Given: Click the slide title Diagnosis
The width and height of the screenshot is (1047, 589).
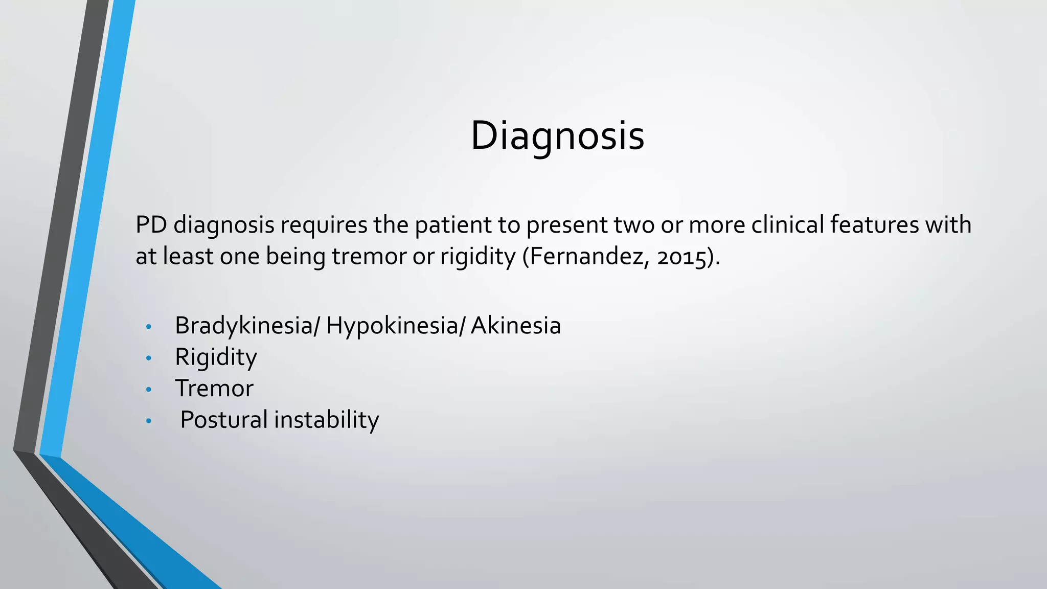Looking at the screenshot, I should tap(557, 135).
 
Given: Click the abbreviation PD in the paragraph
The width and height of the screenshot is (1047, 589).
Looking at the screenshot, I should tap(151, 225).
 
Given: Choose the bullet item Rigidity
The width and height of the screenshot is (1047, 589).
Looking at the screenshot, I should tap(216, 357).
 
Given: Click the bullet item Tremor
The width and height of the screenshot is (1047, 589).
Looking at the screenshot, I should tap(214, 389).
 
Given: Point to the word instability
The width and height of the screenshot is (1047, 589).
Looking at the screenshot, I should tap(327, 420).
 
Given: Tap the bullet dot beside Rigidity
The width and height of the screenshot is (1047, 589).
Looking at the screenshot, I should tap(149, 358).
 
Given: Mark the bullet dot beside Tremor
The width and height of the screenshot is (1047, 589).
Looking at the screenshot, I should tap(149, 390).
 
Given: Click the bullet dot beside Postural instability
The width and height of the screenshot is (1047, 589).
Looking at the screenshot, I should tap(149, 421).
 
